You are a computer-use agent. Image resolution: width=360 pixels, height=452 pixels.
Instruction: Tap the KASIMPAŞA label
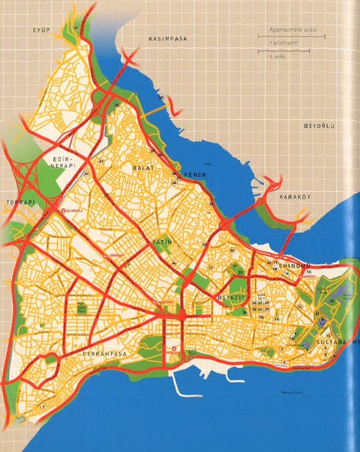(168, 39)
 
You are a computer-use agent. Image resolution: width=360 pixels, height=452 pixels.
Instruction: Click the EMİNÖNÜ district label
(289, 266)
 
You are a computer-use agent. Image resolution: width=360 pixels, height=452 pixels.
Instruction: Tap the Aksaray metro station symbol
(154, 302)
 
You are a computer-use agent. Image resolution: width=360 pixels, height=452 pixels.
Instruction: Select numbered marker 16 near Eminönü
(309, 272)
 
